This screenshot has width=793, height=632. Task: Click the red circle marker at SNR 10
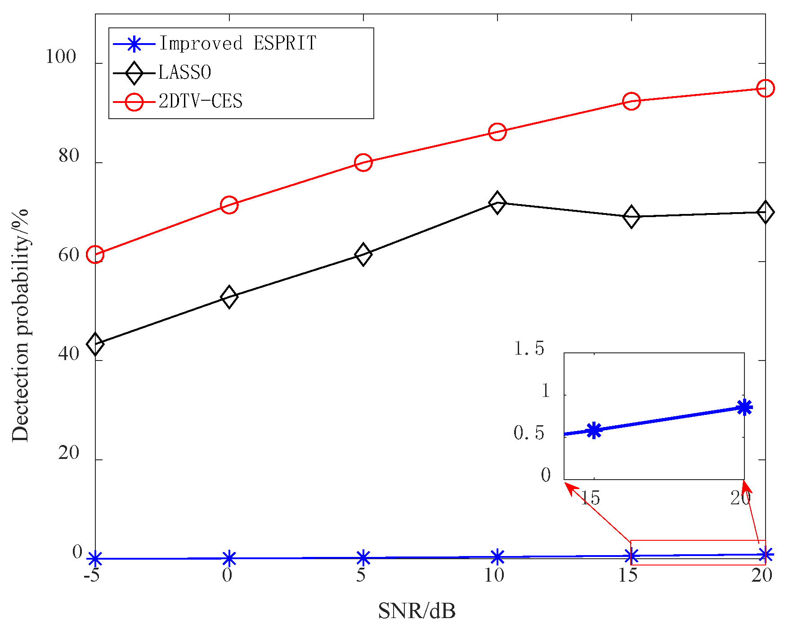497,132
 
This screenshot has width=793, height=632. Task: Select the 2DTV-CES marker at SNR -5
95,254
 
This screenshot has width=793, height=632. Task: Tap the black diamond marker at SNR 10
497,203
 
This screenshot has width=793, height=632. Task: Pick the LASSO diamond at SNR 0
229,297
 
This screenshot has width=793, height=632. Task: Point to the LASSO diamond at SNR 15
631,217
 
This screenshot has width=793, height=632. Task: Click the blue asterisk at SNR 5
363,558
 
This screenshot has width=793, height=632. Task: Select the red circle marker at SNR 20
765,88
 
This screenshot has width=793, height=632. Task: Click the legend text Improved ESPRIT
237,44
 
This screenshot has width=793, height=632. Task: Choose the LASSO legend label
184,72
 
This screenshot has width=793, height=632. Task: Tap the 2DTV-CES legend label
201,102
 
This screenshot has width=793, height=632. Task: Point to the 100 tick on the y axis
61,57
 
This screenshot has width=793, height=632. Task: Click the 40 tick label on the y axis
68,354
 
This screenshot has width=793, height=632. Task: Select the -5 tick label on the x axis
91,576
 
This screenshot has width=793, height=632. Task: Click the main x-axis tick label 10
494,576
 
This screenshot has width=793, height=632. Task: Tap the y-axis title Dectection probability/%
20,326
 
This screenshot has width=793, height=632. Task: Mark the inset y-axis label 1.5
529,348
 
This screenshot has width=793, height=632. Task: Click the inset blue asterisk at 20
745,407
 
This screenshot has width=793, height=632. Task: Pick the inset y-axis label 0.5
529,433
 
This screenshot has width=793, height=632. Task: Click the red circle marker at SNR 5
363,162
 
